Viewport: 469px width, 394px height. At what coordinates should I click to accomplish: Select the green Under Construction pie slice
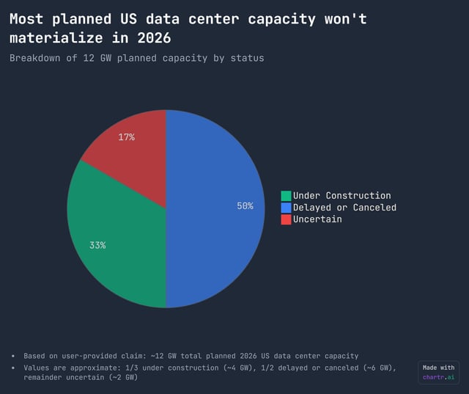(117, 235)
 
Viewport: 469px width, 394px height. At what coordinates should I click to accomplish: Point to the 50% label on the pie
(245, 206)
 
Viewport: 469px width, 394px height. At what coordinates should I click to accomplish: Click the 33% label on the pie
(97, 245)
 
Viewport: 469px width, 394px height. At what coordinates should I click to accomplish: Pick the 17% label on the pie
(126, 137)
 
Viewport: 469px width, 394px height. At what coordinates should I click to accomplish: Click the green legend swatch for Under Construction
(286, 196)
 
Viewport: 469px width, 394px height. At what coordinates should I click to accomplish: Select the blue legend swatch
(286, 208)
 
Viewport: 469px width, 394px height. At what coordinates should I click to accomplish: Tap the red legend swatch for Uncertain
(286, 219)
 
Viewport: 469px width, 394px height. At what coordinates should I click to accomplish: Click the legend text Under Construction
(342, 196)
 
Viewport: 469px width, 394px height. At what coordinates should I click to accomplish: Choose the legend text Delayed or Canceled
(344, 208)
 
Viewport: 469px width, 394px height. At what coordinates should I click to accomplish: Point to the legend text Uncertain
(317, 219)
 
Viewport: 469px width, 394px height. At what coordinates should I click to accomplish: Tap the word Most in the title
(26, 19)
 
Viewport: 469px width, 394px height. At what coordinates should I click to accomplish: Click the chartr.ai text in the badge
(439, 378)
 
